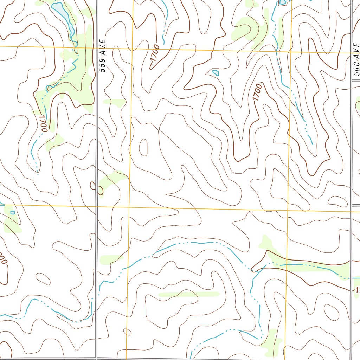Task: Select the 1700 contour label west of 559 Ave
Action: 43,123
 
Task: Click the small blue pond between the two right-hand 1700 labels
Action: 216,73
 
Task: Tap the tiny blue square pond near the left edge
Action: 13,212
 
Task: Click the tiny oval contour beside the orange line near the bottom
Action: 127,332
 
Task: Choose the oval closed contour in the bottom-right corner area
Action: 331,311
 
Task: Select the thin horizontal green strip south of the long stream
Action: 189,294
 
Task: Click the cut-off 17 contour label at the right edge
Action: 356,290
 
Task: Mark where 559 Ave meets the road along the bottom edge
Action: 96,358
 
